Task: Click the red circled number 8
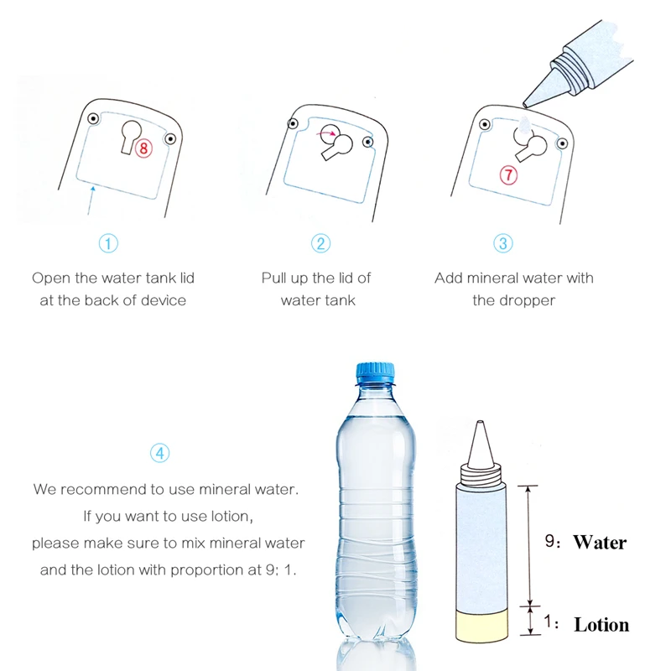[x=143, y=148]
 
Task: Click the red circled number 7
[x=508, y=175]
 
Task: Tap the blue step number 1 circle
[x=108, y=243]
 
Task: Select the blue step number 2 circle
[x=320, y=243]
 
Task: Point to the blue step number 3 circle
[x=502, y=243]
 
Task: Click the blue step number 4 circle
[x=160, y=453]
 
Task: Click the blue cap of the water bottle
[x=375, y=372]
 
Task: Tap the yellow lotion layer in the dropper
[x=482, y=626]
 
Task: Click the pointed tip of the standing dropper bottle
[x=480, y=422]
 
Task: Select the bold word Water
[x=600, y=542]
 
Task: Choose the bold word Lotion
[x=601, y=625]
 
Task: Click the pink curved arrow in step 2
[x=326, y=133]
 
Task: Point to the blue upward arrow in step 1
[x=91, y=200]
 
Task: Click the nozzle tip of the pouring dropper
[x=525, y=104]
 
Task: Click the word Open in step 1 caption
[x=51, y=278]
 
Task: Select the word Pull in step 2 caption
[x=274, y=278]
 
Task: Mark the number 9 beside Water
[x=549, y=541]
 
